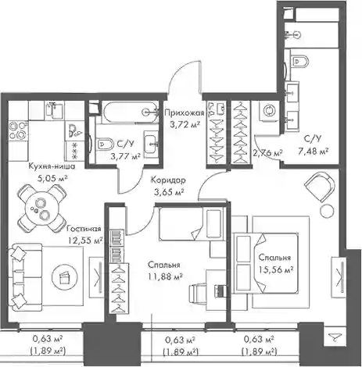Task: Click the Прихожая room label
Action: pyautogui.click(x=185, y=113)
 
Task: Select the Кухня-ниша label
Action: pyautogui.click(x=52, y=166)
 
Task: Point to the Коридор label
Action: pyautogui.click(x=168, y=180)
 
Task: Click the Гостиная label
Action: pyautogui.click(x=84, y=229)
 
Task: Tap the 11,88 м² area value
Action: pyautogui.click(x=165, y=277)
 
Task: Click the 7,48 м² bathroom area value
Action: pyautogui.click(x=313, y=151)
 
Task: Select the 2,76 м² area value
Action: pyautogui.click(x=267, y=153)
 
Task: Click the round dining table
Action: pyautogui.click(x=41, y=208)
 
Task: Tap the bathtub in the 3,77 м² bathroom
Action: pyautogui.click(x=131, y=112)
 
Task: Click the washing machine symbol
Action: pyautogui.click(x=268, y=111)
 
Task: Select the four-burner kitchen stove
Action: pyautogui.click(x=18, y=130)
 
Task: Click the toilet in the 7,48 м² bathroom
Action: pyautogui.click(x=299, y=62)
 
